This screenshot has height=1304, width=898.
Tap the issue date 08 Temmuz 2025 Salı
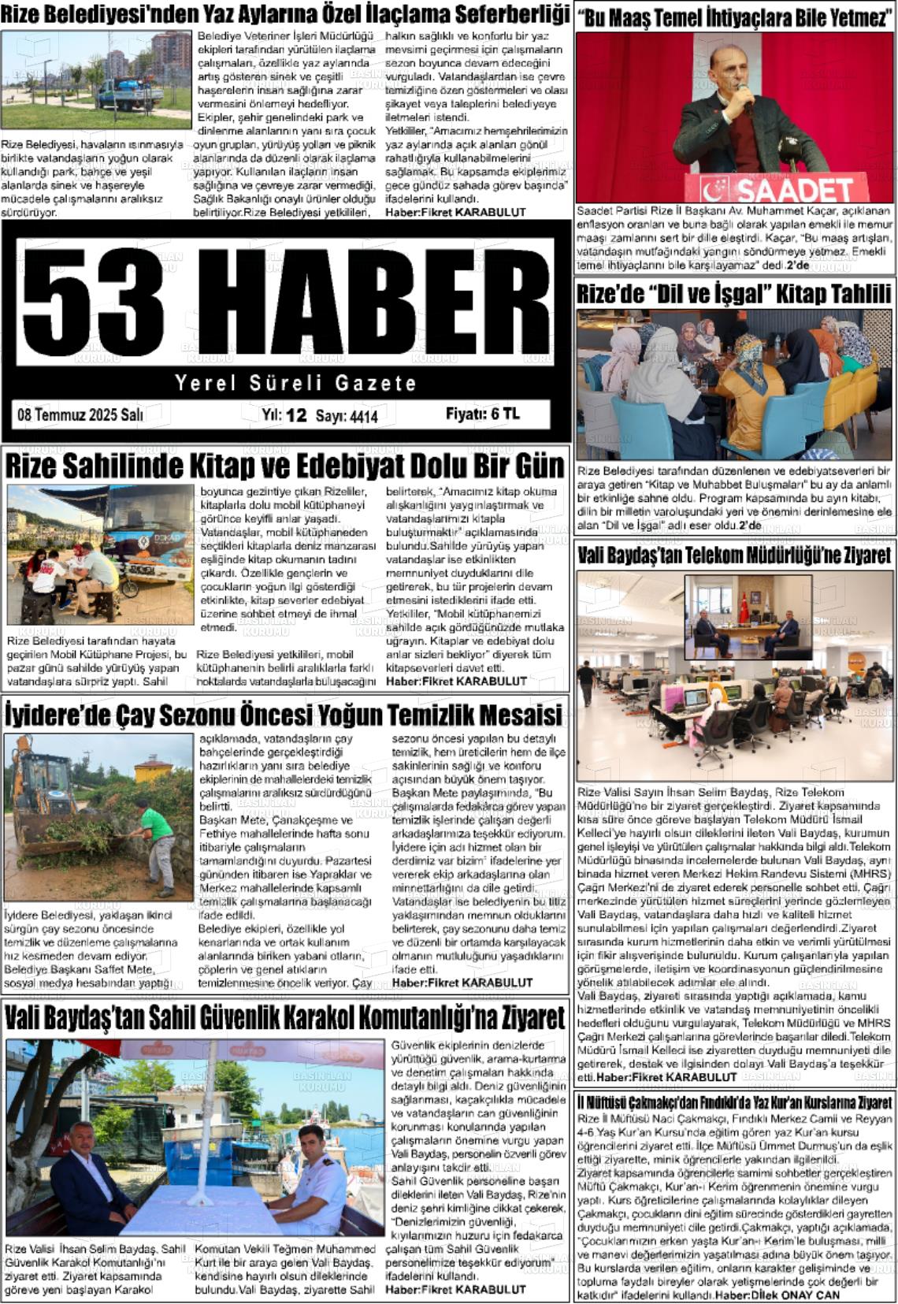click(80, 415)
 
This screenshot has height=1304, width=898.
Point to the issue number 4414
click(364, 416)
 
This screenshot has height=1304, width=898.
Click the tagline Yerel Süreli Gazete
click(295, 384)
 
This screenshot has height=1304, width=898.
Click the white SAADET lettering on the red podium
click(796, 191)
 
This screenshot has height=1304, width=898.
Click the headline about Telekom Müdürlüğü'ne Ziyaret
click(734, 555)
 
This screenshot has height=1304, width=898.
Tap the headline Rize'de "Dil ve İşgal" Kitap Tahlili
click(734, 294)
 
